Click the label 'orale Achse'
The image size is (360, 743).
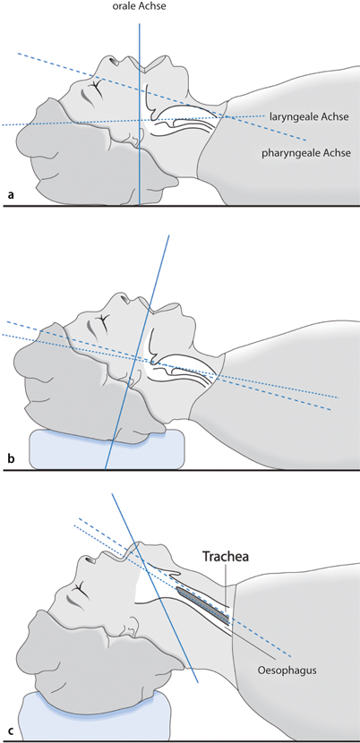(139, 9)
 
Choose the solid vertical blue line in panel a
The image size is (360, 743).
(140, 161)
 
